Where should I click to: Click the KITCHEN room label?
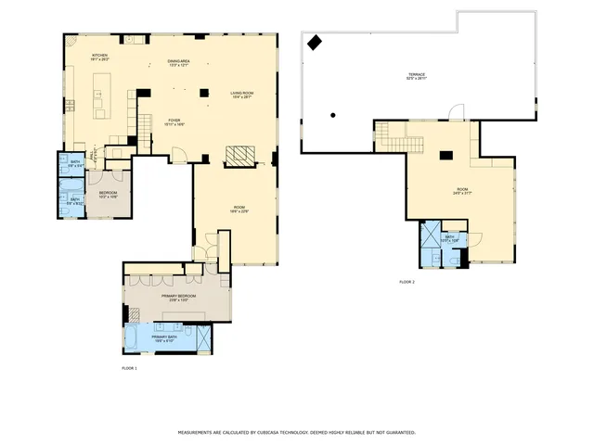(99, 56)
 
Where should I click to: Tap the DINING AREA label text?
(179, 61)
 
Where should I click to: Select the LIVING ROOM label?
(241, 93)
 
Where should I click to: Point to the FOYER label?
(174, 121)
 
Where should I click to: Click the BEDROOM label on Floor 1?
(108, 193)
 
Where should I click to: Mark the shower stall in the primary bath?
(200, 337)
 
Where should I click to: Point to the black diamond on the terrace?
(315, 42)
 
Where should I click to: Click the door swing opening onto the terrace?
(455, 112)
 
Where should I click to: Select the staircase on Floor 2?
(399, 140)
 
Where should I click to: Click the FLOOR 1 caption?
(129, 369)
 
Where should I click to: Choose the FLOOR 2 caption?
(407, 281)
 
